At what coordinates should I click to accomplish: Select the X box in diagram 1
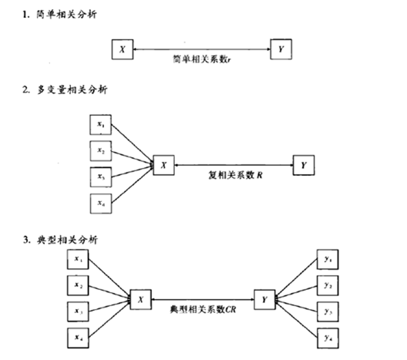122,49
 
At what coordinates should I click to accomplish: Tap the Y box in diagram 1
280,49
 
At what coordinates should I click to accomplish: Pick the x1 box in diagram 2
100,125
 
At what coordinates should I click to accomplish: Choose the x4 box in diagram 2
100,203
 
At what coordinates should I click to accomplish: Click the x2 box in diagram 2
100,150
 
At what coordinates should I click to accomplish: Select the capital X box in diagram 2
163,163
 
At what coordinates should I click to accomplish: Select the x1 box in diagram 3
79,261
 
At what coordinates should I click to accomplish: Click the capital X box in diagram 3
141,298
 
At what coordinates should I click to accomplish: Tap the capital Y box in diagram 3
264,298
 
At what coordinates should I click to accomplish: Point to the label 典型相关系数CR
203,308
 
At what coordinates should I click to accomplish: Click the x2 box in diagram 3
79,286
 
